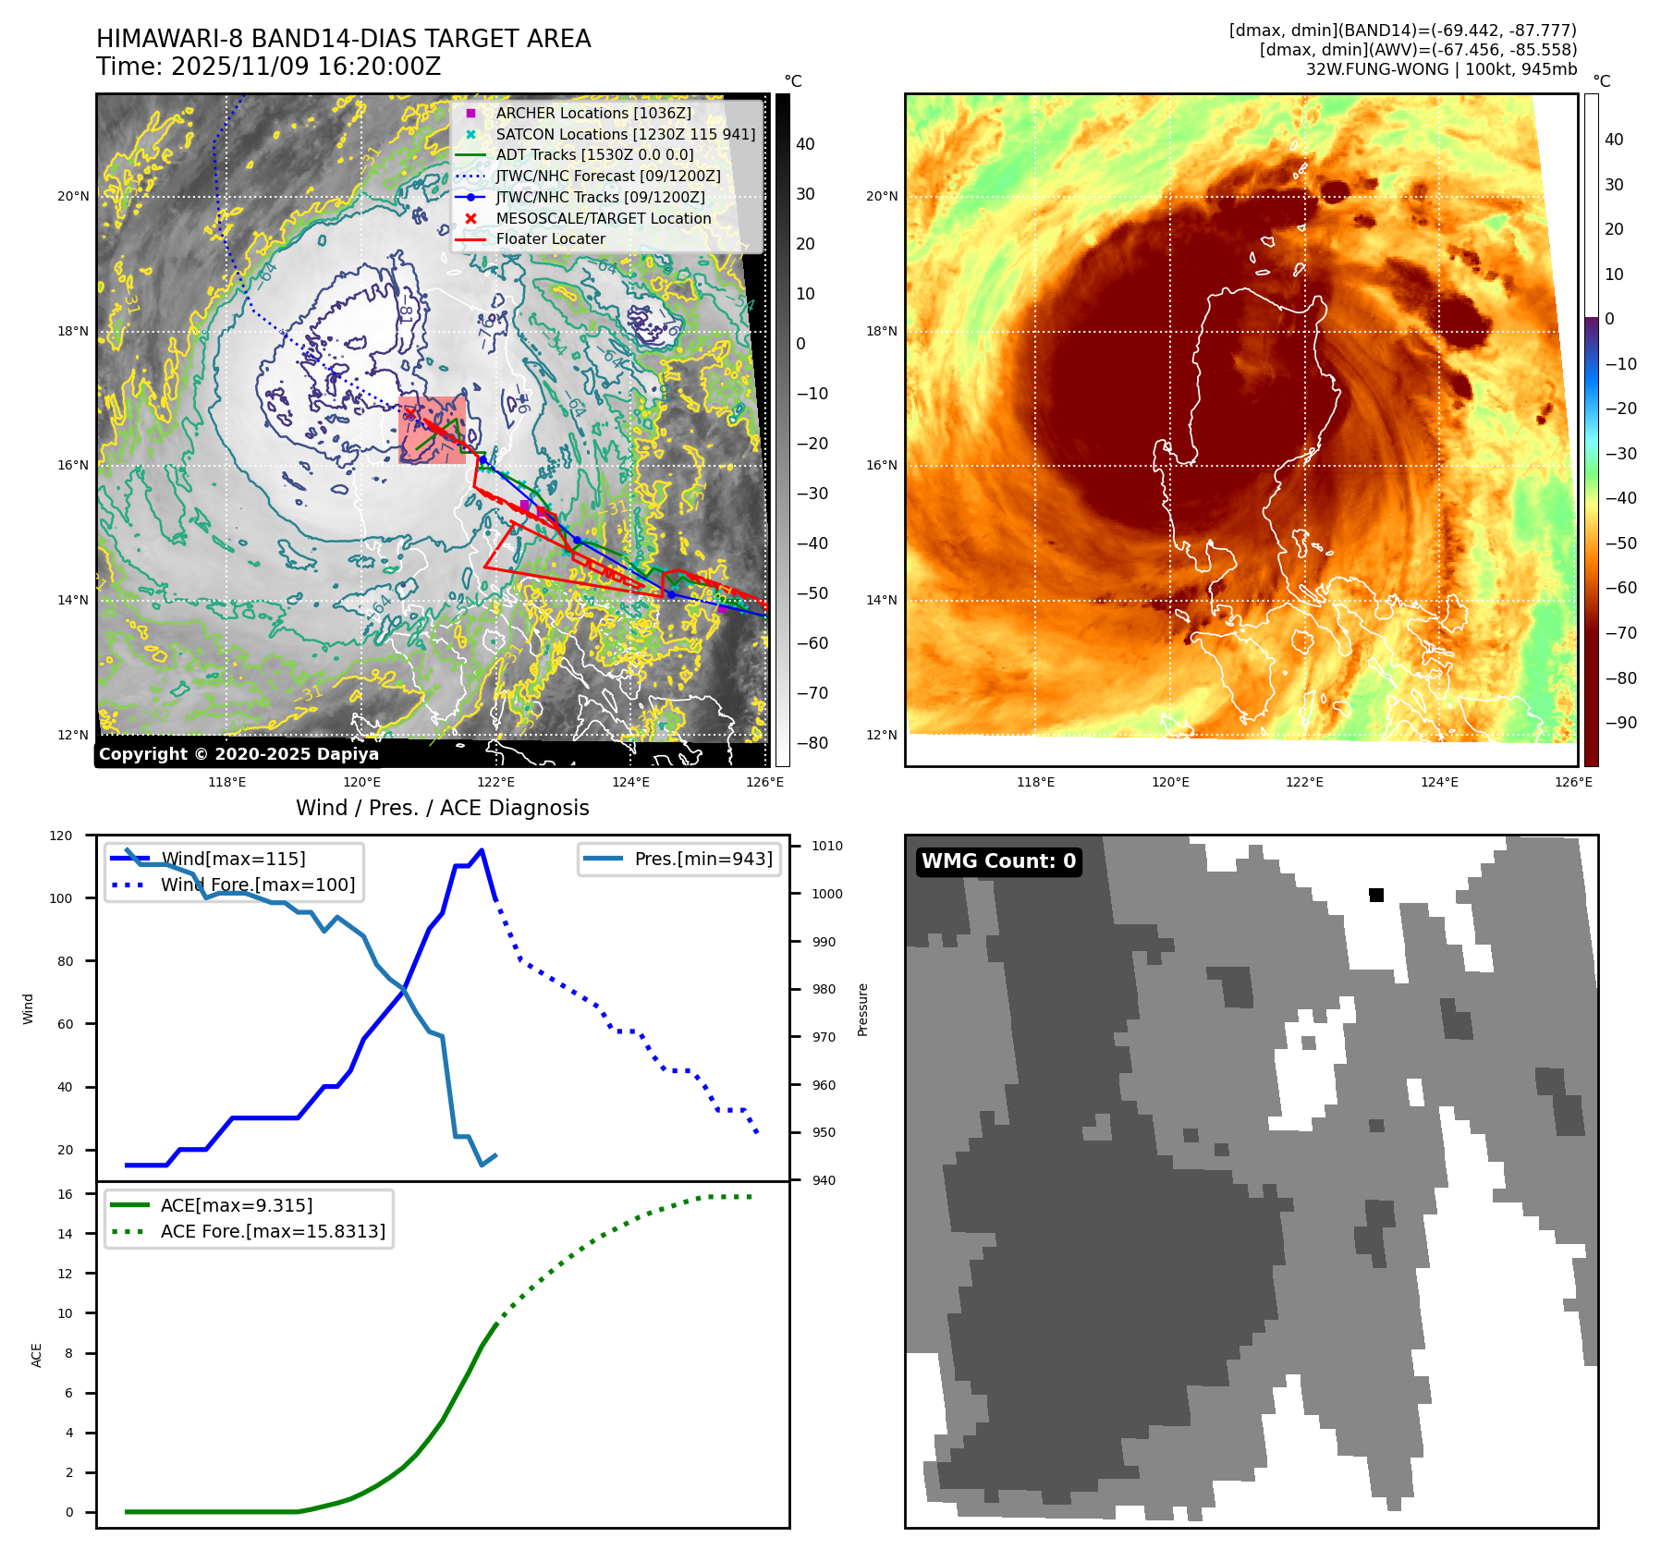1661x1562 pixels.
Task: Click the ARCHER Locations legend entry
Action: [592, 113]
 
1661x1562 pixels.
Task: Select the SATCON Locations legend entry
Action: [625, 134]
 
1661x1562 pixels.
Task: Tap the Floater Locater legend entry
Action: [550, 238]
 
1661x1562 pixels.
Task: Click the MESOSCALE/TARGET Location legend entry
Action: [603, 218]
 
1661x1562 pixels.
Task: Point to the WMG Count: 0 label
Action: [998, 861]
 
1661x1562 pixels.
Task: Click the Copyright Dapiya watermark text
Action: [238, 754]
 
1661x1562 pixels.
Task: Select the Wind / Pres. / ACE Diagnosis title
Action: [442, 808]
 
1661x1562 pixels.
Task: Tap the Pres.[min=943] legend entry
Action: [702, 859]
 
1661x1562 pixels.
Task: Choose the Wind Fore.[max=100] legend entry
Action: [257, 885]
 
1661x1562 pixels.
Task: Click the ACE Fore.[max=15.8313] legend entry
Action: [273, 1231]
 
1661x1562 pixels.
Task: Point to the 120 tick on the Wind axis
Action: [61, 836]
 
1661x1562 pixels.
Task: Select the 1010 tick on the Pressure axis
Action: [827, 846]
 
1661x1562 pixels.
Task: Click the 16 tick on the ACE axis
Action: [65, 1194]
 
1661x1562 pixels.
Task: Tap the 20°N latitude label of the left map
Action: [74, 196]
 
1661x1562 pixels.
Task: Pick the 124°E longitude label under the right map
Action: [1439, 782]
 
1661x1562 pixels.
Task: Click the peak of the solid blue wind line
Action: [482, 849]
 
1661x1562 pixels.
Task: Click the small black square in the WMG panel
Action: [1376, 895]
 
